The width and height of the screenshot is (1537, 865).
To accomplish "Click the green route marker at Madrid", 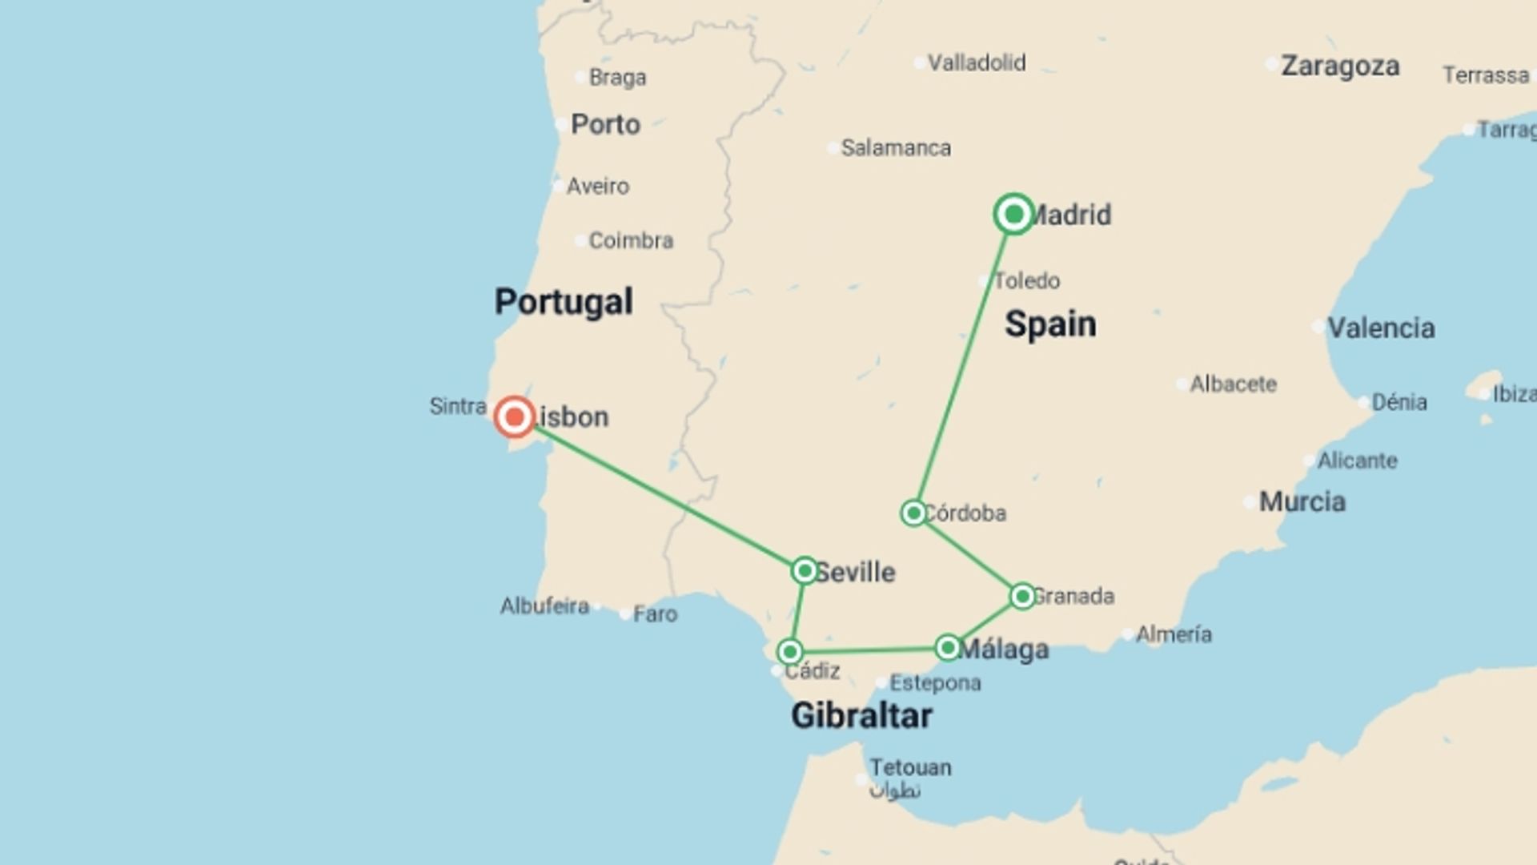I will click(x=1013, y=214).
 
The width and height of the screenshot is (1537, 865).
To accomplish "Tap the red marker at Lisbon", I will click(x=514, y=416).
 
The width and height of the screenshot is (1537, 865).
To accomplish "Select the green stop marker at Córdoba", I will click(x=913, y=513).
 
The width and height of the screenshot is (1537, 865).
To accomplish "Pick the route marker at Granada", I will click(x=1022, y=596).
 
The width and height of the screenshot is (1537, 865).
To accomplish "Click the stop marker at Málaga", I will click(x=948, y=647).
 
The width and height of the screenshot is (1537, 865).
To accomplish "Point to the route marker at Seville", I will click(x=804, y=570).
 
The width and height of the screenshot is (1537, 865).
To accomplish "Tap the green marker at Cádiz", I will click(x=790, y=651).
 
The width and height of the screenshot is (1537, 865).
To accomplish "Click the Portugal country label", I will click(x=564, y=302).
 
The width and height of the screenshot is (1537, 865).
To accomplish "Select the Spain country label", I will click(x=1050, y=324).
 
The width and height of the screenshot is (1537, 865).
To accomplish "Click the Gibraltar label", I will click(x=861, y=715).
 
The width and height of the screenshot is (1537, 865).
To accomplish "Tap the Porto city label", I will click(x=605, y=125).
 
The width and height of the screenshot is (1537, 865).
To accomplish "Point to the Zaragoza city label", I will click(x=1340, y=66).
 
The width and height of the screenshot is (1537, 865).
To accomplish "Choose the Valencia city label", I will click(x=1381, y=328).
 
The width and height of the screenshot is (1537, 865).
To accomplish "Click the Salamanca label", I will click(x=896, y=148).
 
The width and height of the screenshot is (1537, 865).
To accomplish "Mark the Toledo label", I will click(x=1027, y=281).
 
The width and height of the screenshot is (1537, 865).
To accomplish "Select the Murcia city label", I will click(x=1302, y=502).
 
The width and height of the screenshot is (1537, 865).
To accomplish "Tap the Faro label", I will click(x=655, y=614).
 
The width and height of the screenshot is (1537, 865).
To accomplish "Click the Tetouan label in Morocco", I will click(x=910, y=767).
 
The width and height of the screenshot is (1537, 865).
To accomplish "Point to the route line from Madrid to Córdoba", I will click(x=963, y=364).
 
